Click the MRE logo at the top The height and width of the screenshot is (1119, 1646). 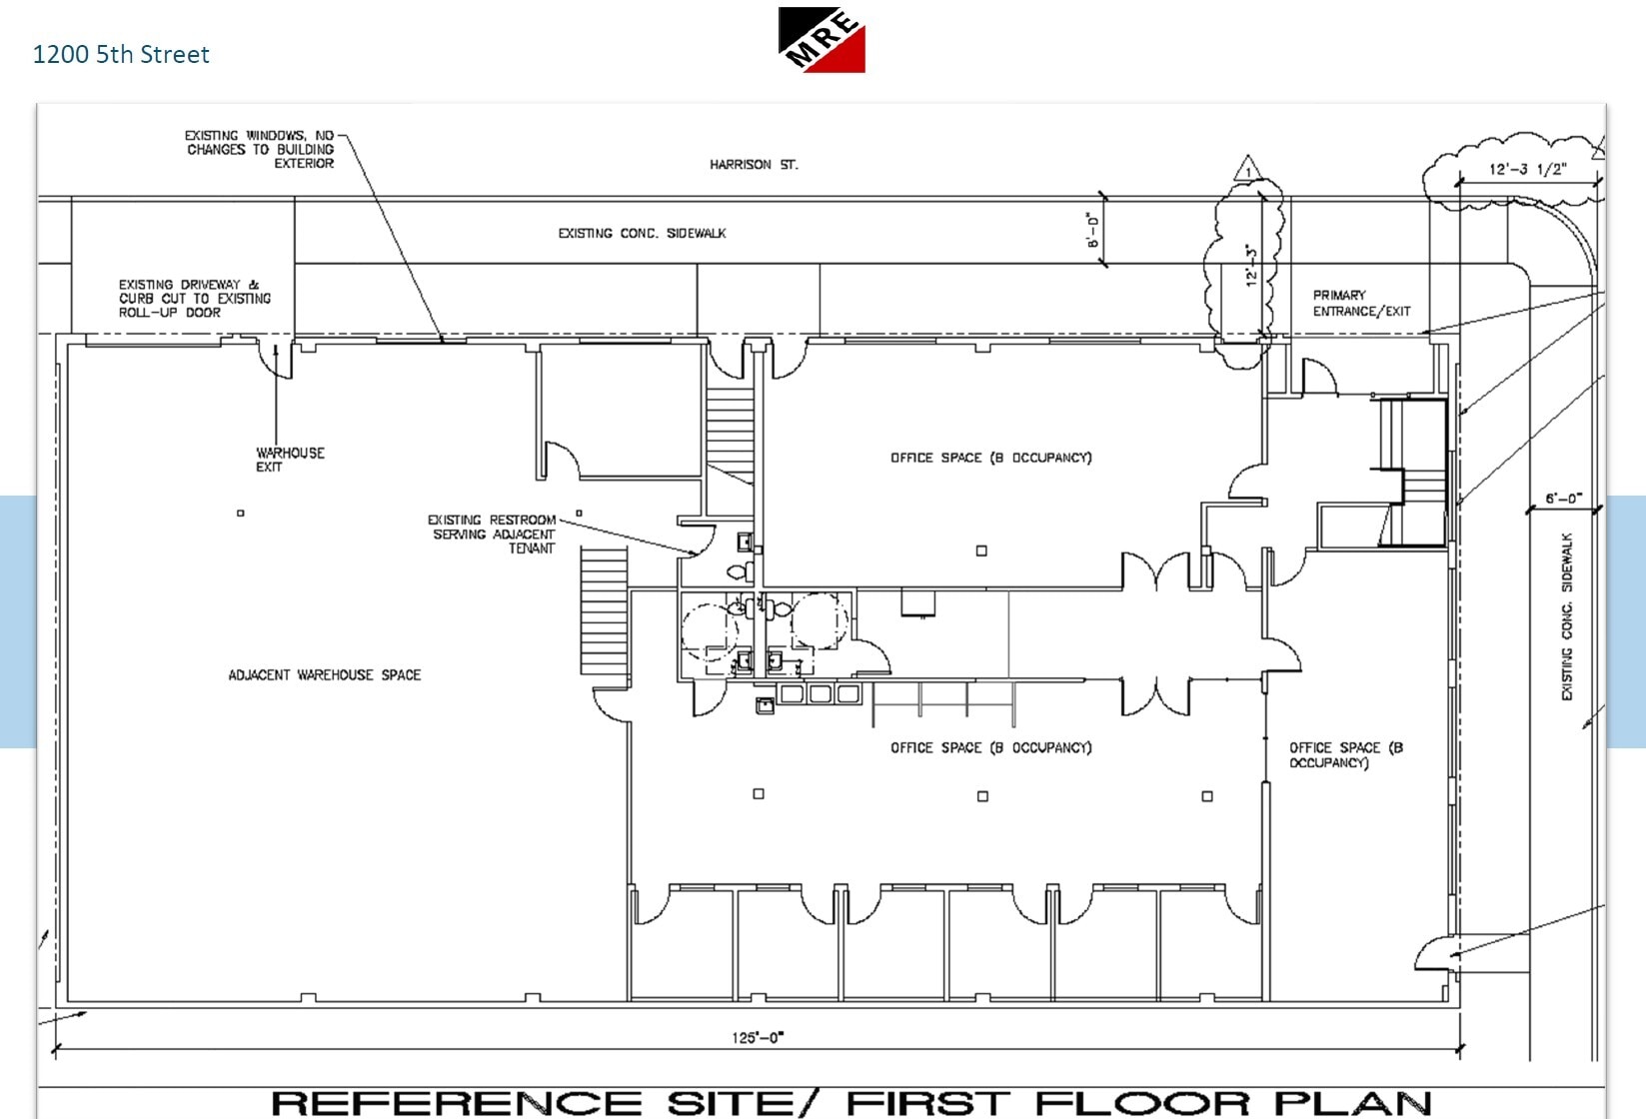[822, 40]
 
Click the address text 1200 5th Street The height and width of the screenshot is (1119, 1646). [121, 54]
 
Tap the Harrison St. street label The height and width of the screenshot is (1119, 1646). [754, 165]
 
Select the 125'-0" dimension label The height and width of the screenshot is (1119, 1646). [758, 1037]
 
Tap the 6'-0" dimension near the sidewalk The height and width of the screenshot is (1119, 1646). [1563, 499]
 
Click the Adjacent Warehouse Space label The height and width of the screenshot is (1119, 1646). [324, 675]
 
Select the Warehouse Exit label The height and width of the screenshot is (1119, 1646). [289, 460]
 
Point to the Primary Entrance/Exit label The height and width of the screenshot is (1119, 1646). [1360, 303]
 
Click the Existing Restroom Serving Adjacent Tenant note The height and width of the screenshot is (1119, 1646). [492, 534]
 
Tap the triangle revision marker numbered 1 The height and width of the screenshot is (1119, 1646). [1246, 169]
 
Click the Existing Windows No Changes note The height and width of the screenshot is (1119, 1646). [260, 149]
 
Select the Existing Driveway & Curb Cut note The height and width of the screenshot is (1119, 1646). [194, 298]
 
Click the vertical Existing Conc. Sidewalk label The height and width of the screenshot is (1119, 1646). [1566, 615]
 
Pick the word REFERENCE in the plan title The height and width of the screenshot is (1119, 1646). [455, 1103]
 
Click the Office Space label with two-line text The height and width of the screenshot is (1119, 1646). [1344, 754]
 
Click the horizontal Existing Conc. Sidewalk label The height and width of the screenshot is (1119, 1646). [642, 233]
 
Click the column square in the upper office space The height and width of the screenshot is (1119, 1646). [981, 551]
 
